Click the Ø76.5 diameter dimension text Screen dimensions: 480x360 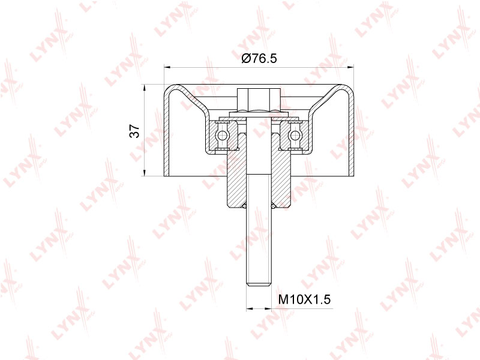coord(259,58)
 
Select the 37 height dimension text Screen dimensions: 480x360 coord(134,131)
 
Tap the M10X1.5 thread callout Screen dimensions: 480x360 coord(304,299)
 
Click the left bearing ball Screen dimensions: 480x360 coord(222,134)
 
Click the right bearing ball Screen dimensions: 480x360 coord(295,134)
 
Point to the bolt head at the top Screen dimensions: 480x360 coord(259,100)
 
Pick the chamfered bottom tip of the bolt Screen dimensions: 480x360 coord(259,284)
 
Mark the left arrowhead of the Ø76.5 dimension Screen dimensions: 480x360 coord(167,66)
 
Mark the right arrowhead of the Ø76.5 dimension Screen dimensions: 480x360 coord(350,66)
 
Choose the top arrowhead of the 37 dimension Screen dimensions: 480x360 coord(144,87)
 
